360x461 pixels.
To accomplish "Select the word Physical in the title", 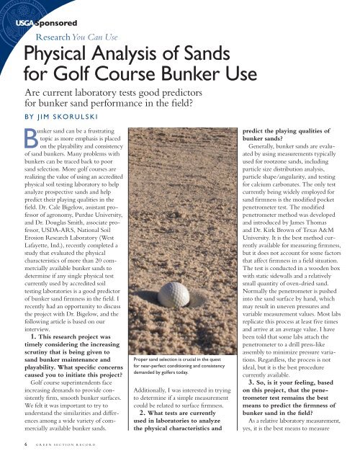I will coord(64,53).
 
